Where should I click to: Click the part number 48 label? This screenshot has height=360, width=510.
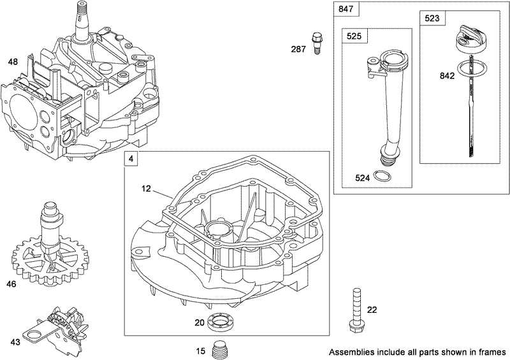13,62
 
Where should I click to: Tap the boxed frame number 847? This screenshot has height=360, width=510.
344,10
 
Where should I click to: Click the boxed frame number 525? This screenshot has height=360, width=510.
354,37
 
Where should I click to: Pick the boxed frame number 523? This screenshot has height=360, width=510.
432,19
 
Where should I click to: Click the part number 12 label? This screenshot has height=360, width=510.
147,189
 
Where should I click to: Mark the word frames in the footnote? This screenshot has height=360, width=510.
492,351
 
